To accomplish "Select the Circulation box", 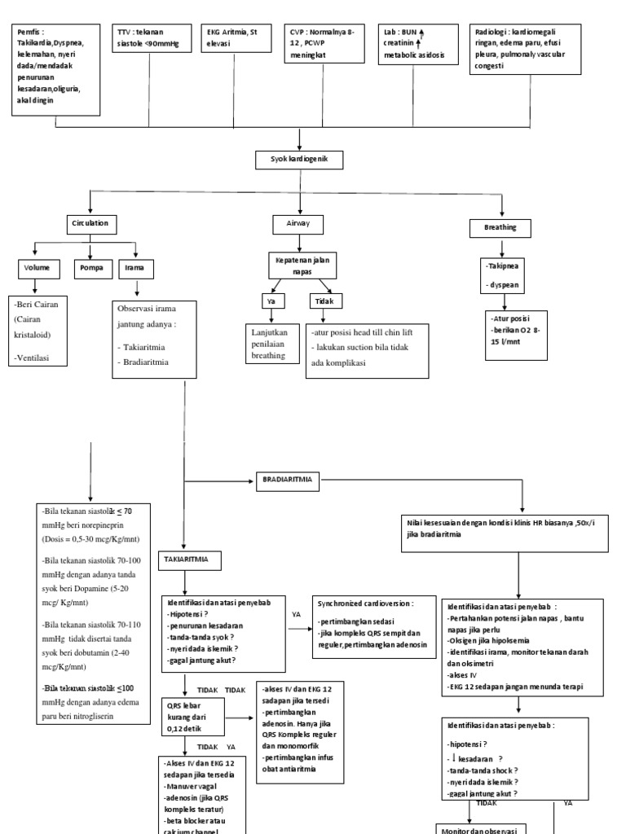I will click(90, 222).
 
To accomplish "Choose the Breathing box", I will click(500, 227).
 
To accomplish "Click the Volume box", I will click(37, 266).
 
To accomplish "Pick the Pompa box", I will click(90, 266).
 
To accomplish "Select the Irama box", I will click(135, 266).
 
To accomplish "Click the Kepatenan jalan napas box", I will click(301, 264).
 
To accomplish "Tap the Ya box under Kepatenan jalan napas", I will click(270, 301).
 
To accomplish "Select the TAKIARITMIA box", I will click(188, 561).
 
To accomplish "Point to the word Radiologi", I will click(492, 33).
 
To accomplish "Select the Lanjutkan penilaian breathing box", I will click(272, 343).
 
